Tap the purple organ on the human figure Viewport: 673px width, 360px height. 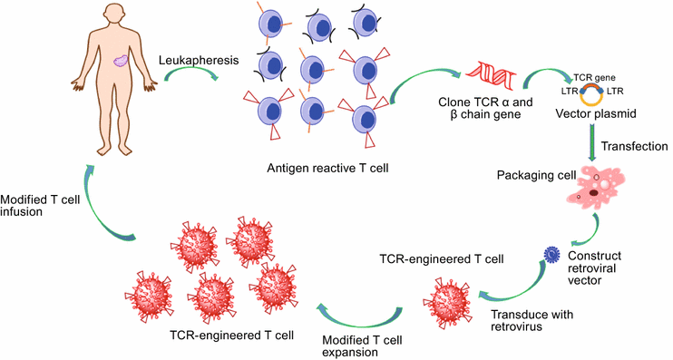point(122,62)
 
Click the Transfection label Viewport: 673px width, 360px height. point(634,145)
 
